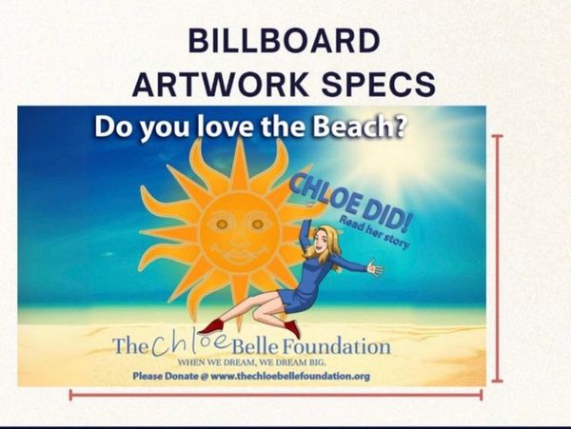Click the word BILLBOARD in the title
(284, 40)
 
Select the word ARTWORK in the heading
(221, 84)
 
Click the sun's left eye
(222, 224)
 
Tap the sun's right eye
(258, 224)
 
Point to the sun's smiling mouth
(240, 252)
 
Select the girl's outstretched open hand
(375, 268)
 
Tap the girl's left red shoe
(210, 327)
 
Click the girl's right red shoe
(293, 328)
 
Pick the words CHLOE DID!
(349, 203)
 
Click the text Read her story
(374, 232)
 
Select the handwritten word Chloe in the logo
(190, 343)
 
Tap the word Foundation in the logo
(337, 346)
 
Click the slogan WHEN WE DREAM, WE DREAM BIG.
(251, 362)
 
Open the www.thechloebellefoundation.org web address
(290, 376)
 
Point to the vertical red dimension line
(497, 259)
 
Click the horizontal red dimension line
(276, 395)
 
